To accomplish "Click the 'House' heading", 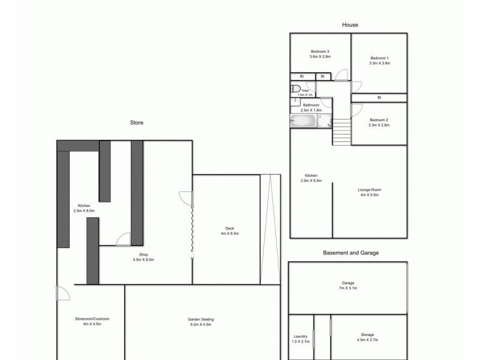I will point(350,25).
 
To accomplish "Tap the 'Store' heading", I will point(137,122).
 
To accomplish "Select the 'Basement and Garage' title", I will point(351,253).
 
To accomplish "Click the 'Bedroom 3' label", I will point(320,51).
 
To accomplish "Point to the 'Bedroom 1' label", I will point(379,57).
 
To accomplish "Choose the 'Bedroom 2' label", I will point(379,119).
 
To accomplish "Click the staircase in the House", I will point(341,131).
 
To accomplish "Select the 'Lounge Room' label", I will point(370,190).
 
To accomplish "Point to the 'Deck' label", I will point(229,229).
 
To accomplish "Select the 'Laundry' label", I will point(301,336).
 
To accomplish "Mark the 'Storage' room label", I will point(368,334).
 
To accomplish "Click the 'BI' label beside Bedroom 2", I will point(379,98).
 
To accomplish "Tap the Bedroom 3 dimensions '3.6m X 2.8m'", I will point(320,57).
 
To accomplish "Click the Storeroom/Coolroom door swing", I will point(62,293).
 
